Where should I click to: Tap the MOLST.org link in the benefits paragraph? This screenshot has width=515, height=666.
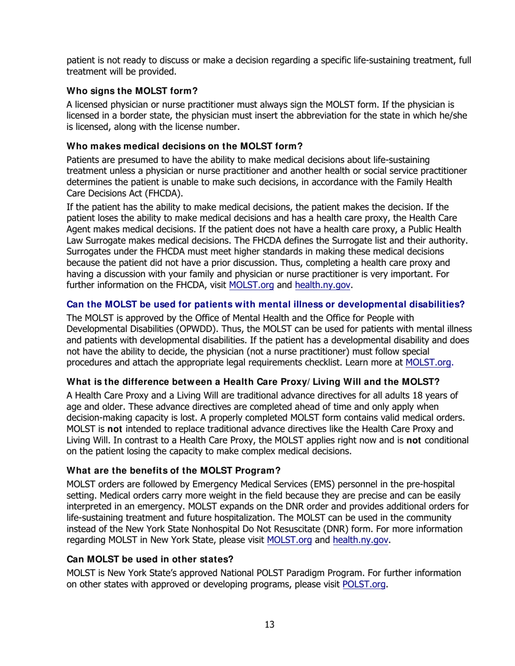click(x=289, y=540)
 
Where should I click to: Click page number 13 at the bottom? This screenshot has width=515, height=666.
click(x=269, y=625)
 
